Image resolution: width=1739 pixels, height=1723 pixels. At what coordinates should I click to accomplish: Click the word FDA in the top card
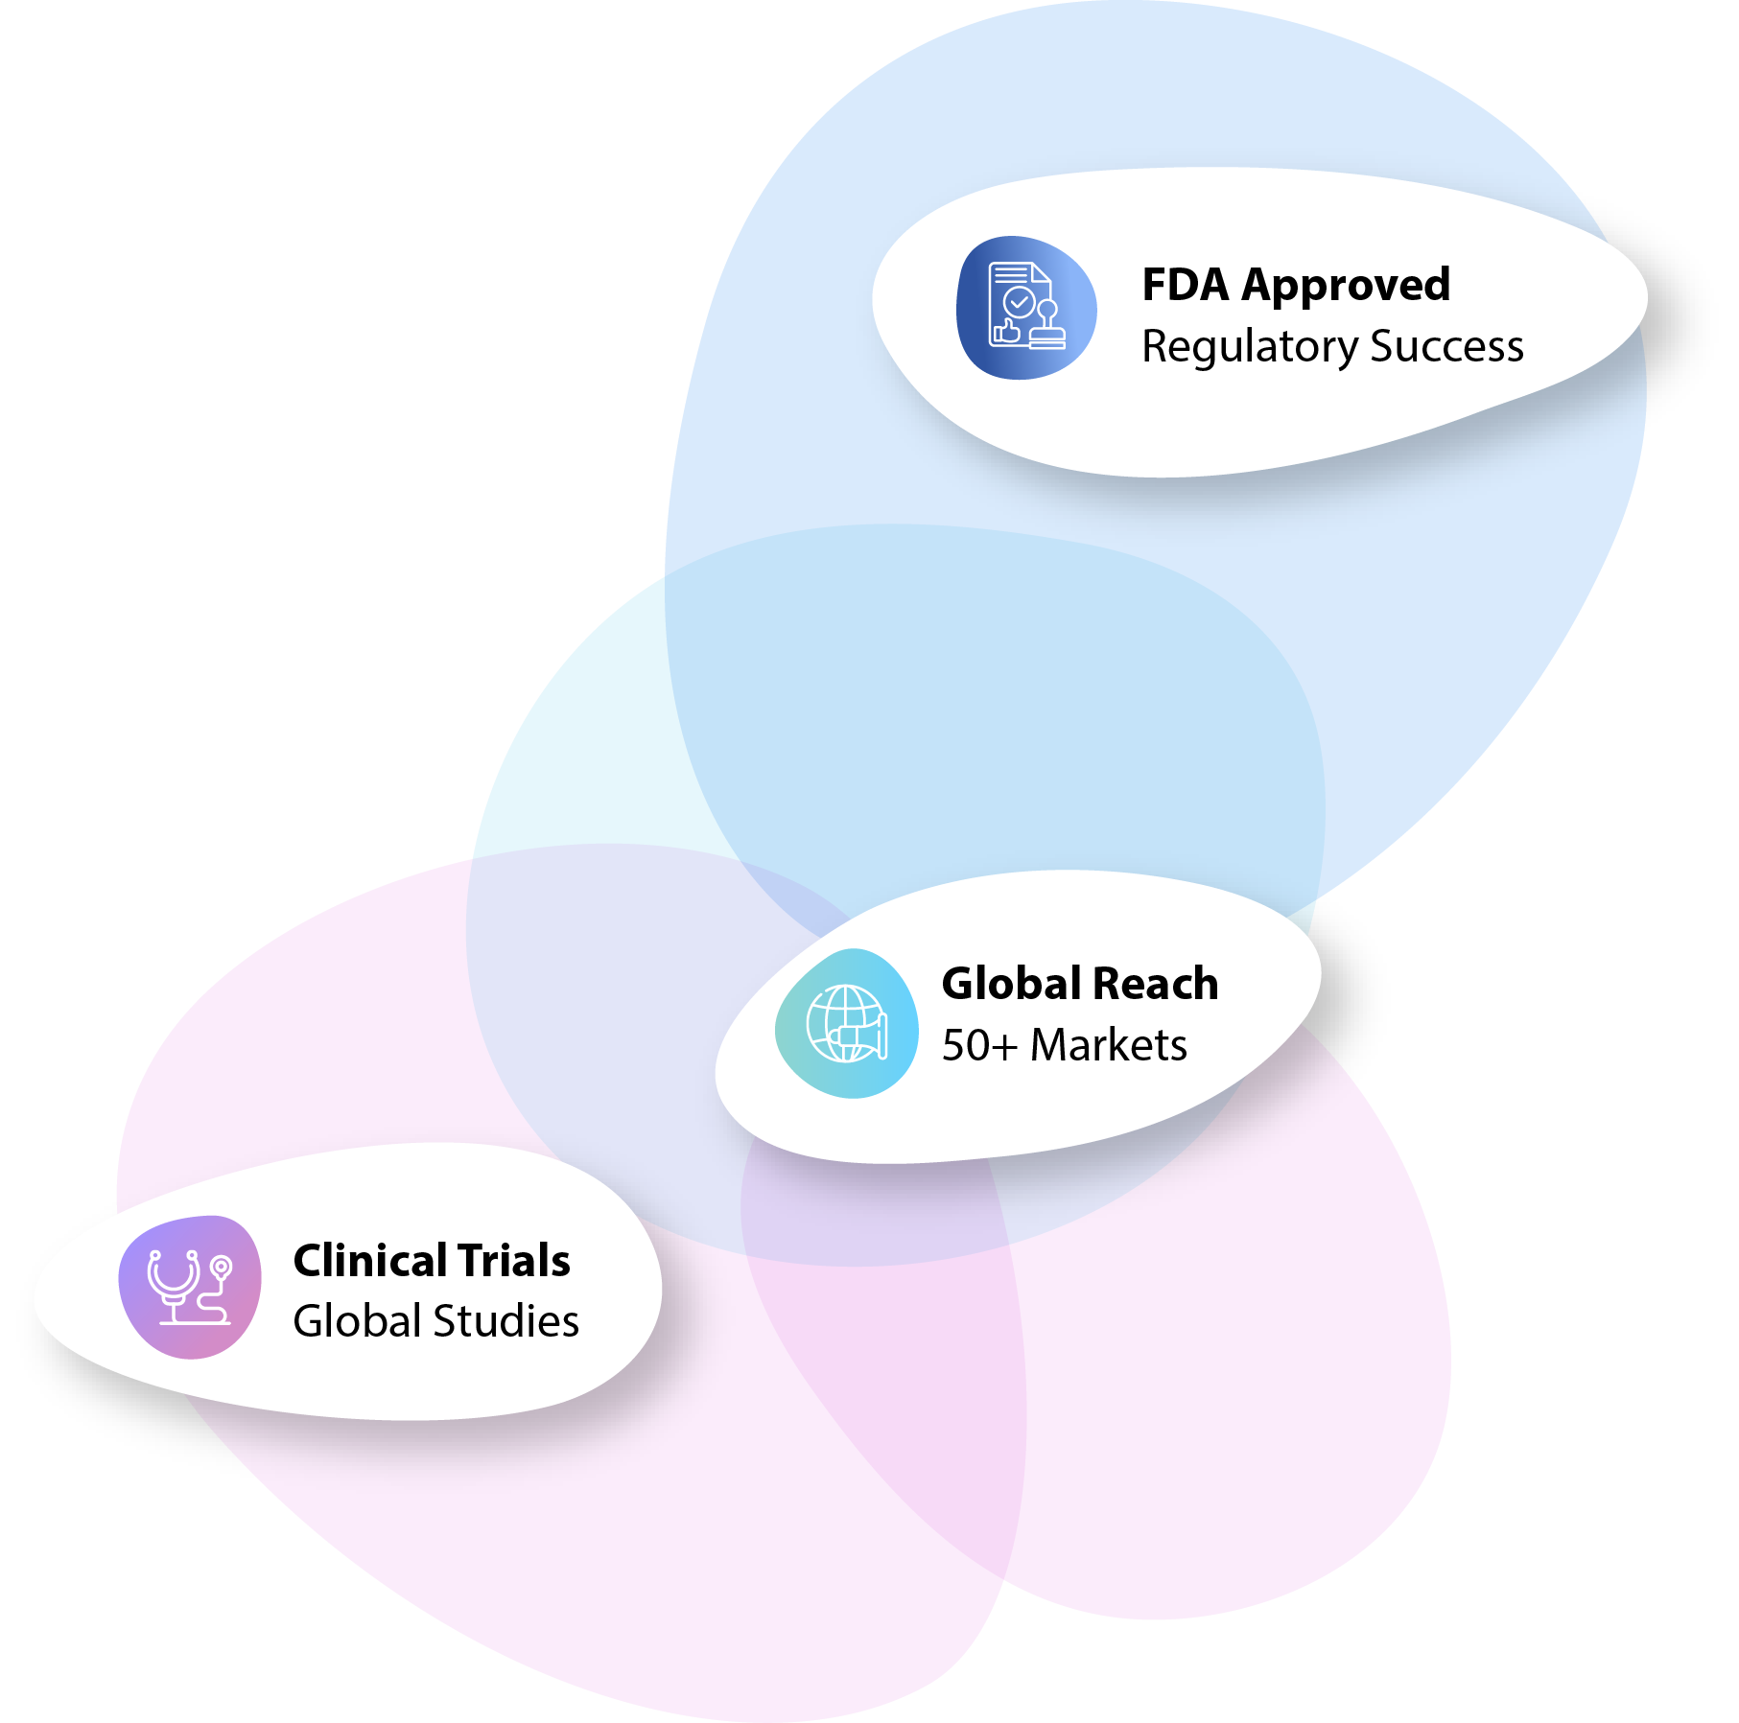coord(1185,285)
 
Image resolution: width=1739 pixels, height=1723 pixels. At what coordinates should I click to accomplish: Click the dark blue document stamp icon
coord(1026,307)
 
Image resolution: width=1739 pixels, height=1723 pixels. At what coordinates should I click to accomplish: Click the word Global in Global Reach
coord(1012,984)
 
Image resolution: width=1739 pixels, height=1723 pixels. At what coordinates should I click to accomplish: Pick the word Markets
coord(1108,1045)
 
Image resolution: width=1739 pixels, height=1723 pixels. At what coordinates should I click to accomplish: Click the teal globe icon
coord(847,1023)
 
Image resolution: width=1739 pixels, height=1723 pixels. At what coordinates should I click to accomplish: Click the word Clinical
coord(369,1261)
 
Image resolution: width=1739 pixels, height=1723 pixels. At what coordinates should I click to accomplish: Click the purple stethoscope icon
coord(190,1287)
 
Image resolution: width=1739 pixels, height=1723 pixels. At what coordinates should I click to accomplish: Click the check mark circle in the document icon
coord(1019,302)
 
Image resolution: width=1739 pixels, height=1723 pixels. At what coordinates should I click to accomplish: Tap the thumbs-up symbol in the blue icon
coord(1006,331)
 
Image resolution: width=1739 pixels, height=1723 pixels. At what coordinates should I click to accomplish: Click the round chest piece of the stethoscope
coord(222,1267)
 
